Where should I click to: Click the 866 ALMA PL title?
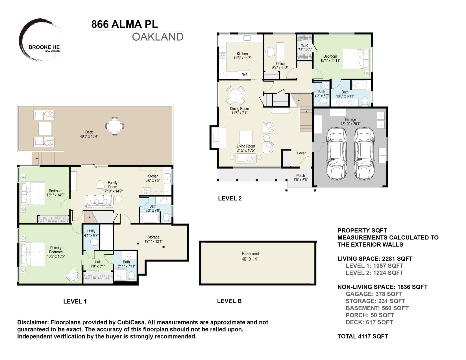pyautogui.click(x=124, y=24)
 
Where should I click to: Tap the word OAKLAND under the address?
pyautogui.click(x=158, y=37)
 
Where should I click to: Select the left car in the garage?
pyautogui.click(x=337, y=153)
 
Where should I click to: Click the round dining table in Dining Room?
pyautogui.click(x=235, y=96)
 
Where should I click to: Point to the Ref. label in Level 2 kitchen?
pyautogui.click(x=244, y=75)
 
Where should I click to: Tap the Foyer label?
pyautogui.click(x=301, y=153)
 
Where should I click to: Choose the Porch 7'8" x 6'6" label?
pyautogui.click(x=300, y=178)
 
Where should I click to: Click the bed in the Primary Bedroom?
pyautogui.click(x=33, y=254)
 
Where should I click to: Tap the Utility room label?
pyautogui.click(x=91, y=233)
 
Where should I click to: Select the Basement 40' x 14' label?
pyautogui.click(x=250, y=256)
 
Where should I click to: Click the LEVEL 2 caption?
pyautogui.click(x=230, y=198)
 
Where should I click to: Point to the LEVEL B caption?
pyautogui.click(x=229, y=301)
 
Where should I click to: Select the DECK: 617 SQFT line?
pyautogui.click(x=369, y=322)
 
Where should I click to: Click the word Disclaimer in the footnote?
pyautogui.click(x=32, y=322)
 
